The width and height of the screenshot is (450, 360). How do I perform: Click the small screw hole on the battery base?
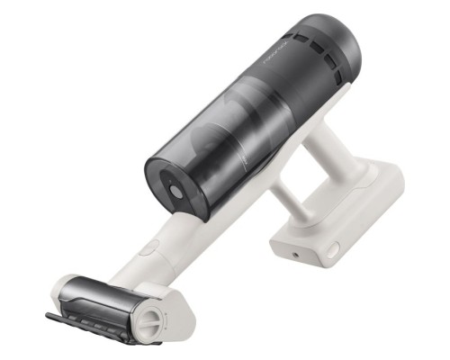[296, 256]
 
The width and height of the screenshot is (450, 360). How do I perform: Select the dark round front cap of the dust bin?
[175, 189]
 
